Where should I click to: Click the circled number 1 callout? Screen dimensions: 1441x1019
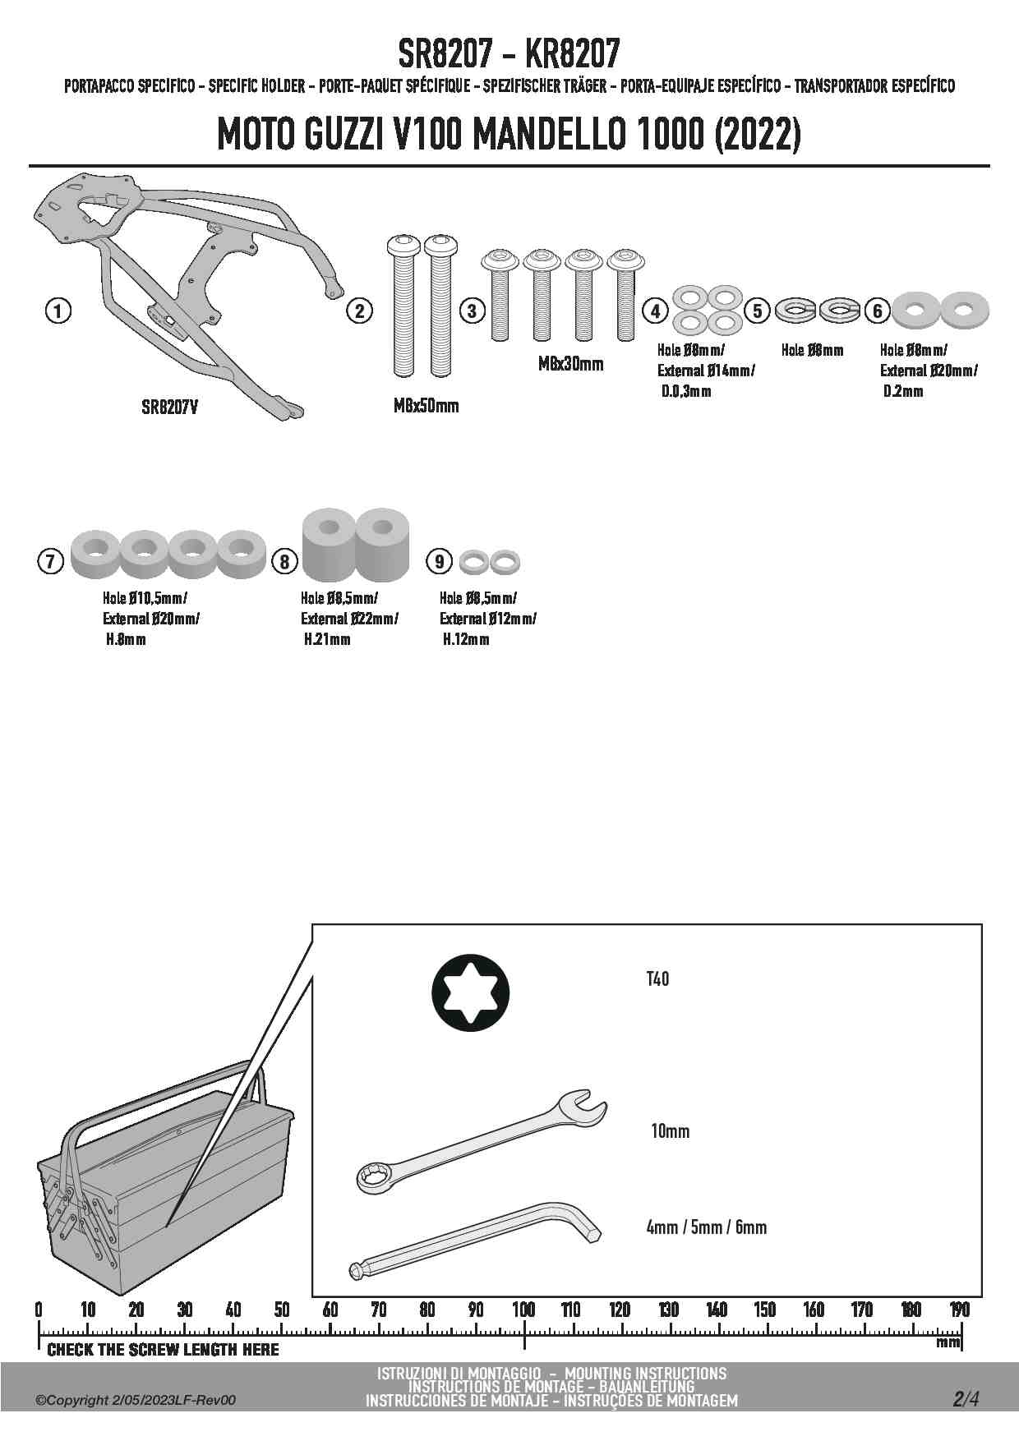click(x=58, y=311)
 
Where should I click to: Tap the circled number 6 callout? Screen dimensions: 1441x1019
click(x=878, y=311)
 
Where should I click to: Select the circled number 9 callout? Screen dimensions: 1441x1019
click(x=440, y=561)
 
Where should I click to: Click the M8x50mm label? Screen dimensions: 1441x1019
click(x=426, y=406)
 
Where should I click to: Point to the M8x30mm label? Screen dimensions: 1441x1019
click(x=570, y=364)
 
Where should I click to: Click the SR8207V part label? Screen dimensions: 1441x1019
click(x=169, y=407)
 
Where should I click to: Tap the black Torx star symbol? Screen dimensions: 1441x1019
click(x=470, y=992)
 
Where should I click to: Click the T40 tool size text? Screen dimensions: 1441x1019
click(x=657, y=979)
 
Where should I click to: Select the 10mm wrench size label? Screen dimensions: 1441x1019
click(x=670, y=1131)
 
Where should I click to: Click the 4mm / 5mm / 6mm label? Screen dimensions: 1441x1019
click(x=706, y=1227)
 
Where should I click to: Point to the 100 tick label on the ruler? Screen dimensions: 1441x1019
click(x=523, y=1310)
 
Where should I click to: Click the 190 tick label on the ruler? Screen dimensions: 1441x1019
click(x=959, y=1310)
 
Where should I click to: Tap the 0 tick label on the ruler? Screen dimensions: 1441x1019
click(x=39, y=1310)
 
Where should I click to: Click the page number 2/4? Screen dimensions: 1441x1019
click(x=966, y=1399)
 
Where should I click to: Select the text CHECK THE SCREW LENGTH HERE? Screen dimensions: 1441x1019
click(x=163, y=1350)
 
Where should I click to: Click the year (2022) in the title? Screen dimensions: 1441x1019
click(x=757, y=136)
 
